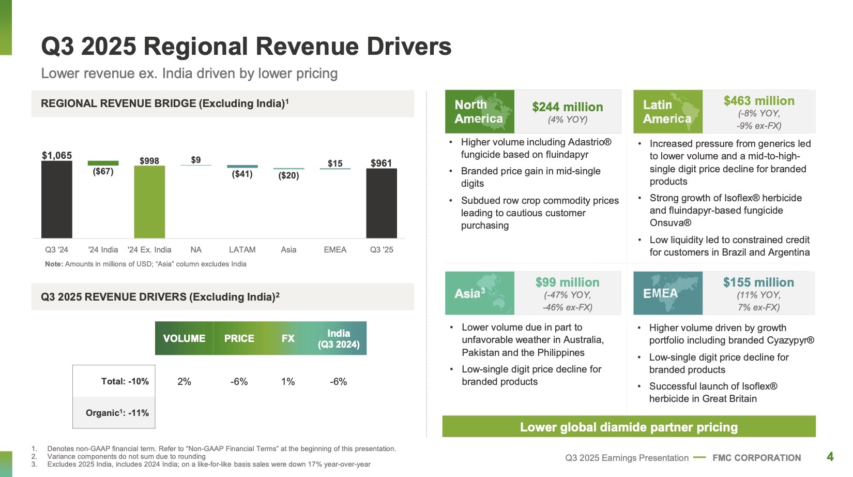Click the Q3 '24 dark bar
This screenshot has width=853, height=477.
56,199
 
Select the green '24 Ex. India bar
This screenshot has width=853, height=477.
149,202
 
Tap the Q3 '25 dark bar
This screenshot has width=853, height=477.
382,203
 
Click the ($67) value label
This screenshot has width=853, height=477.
103,171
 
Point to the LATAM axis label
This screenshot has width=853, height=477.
242,249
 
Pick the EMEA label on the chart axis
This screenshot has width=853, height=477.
335,249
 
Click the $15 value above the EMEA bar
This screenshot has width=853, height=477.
335,163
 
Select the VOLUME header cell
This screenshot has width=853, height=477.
184,338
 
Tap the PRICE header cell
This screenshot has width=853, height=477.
239,338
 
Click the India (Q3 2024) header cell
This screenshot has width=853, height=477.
339,338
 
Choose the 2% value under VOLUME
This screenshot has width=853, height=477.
184,382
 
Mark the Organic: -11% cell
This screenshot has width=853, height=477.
114,413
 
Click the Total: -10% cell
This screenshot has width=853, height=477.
114,381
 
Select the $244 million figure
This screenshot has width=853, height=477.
568,107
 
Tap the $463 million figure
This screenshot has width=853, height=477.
759,101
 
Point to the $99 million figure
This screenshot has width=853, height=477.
567,282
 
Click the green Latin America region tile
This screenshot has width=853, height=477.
668,112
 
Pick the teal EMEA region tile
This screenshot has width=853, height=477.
668,293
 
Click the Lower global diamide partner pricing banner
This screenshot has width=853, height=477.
629,427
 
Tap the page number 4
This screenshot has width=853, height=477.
830,456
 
